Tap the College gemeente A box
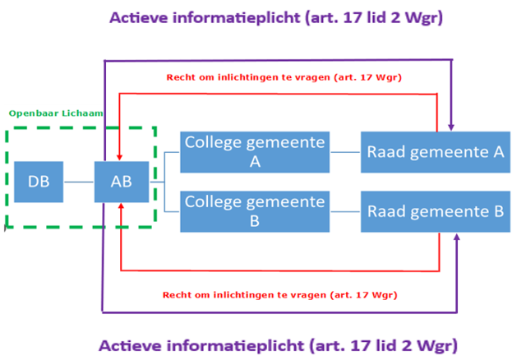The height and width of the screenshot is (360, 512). pyautogui.click(x=255, y=151)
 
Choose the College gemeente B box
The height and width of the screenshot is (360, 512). pyautogui.click(x=255, y=211)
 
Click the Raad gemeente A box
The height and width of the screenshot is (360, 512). pyautogui.click(x=435, y=151)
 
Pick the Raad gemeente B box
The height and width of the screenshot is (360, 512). pyautogui.click(x=435, y=211)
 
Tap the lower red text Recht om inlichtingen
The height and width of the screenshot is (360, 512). pyautogui.click(x=277, y=293)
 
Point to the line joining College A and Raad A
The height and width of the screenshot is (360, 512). pyautogui.click(x=344, y=151)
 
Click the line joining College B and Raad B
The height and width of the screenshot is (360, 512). pyautogui.click(x=344, y=211)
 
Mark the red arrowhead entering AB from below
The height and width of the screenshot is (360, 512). pyautogui.click(x=122, y=208)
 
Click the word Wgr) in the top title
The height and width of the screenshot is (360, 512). pyautogui.click(x=424, y=17)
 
